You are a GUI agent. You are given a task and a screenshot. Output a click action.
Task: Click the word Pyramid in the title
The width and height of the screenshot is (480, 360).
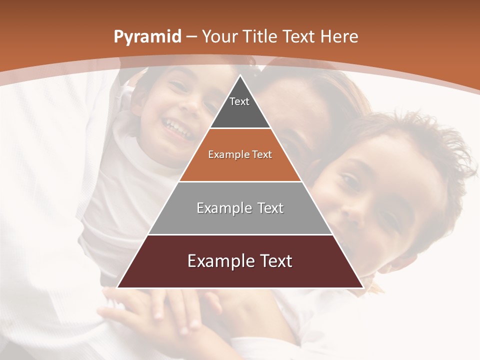(147, 37)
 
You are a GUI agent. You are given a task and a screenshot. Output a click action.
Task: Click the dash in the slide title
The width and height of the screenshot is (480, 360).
(191, 37)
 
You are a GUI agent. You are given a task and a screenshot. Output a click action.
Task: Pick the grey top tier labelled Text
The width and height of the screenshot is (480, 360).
(240, 107)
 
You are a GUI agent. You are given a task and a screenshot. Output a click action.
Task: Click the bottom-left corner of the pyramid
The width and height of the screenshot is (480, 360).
(118, 287)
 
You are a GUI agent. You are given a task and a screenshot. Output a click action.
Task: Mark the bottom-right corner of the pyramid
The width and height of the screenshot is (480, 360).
(362, 287)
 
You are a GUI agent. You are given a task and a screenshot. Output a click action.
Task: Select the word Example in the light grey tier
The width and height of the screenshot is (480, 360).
(221, 208)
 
